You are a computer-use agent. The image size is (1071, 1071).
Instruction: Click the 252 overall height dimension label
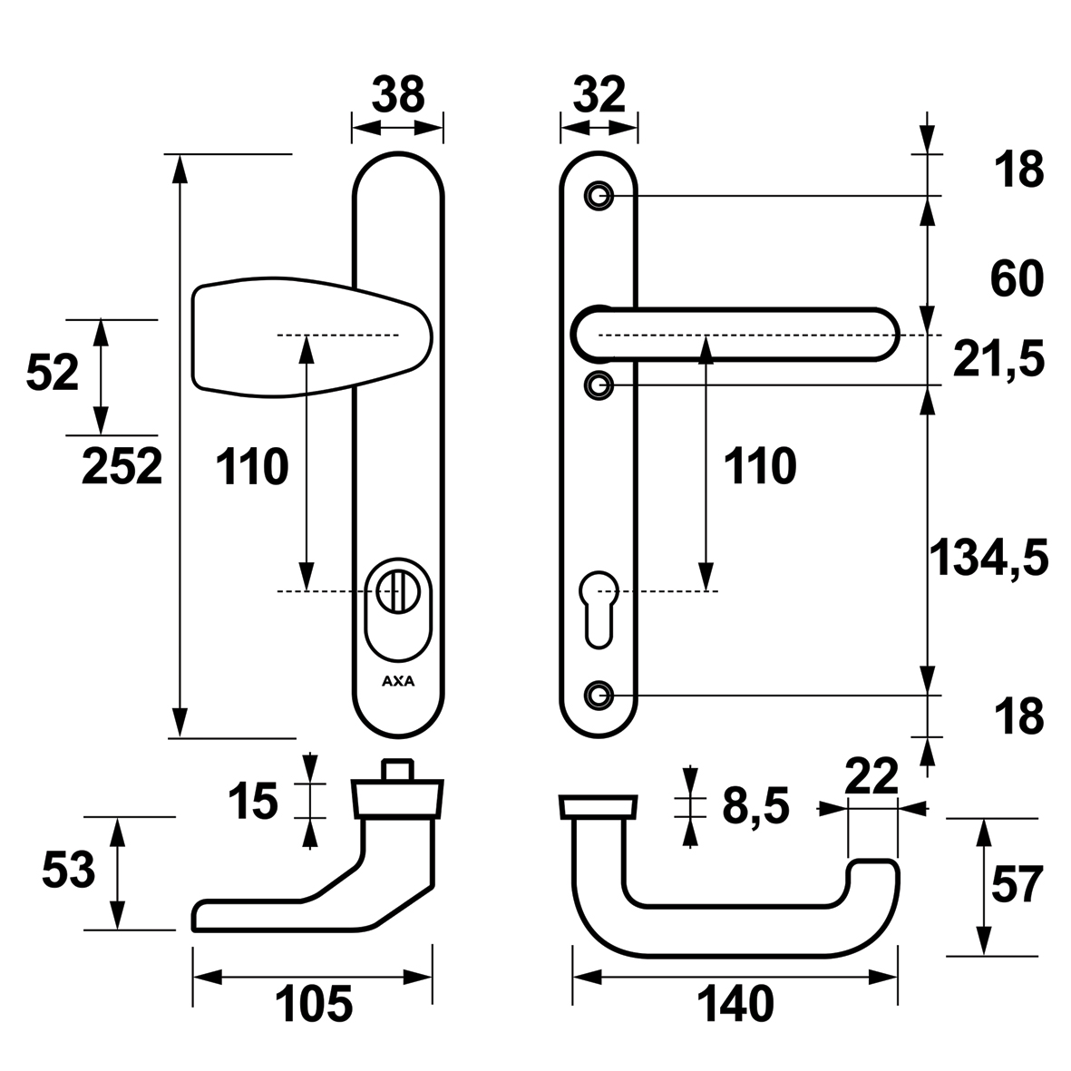coord(122,467)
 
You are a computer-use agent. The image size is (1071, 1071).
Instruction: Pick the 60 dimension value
coord(1017,279)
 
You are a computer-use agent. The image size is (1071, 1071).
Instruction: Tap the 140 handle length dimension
coord(735,1004)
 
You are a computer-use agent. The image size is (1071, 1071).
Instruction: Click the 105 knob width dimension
coord(313,1004)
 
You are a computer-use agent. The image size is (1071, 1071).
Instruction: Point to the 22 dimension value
coord(871,776)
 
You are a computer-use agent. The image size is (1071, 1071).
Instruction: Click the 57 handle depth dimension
coord(1017,885)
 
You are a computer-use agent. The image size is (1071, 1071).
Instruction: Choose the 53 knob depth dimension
coord(69,871)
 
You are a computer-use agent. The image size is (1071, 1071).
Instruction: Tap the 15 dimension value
coord(252,802)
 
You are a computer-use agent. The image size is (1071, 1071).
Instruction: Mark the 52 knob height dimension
coord(54,373)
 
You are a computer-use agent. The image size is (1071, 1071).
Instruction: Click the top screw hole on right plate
coord(598,195)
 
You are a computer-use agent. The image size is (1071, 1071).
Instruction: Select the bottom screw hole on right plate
coord(597,696)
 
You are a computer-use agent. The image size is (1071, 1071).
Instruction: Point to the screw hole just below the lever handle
coord(598,385)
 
